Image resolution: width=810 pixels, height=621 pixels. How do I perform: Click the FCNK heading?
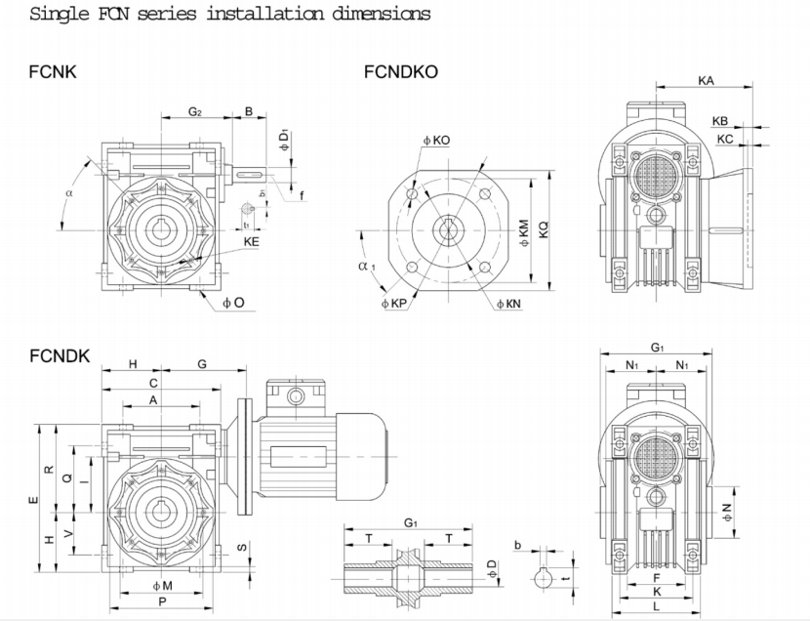pos(55,72)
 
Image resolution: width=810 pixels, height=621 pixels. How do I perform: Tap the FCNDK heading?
pos(60,356)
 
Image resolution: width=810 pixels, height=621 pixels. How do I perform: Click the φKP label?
pos(393,305)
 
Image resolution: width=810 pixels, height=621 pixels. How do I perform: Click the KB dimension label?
pos(720,121)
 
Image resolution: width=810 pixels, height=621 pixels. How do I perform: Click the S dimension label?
pos(242,547)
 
